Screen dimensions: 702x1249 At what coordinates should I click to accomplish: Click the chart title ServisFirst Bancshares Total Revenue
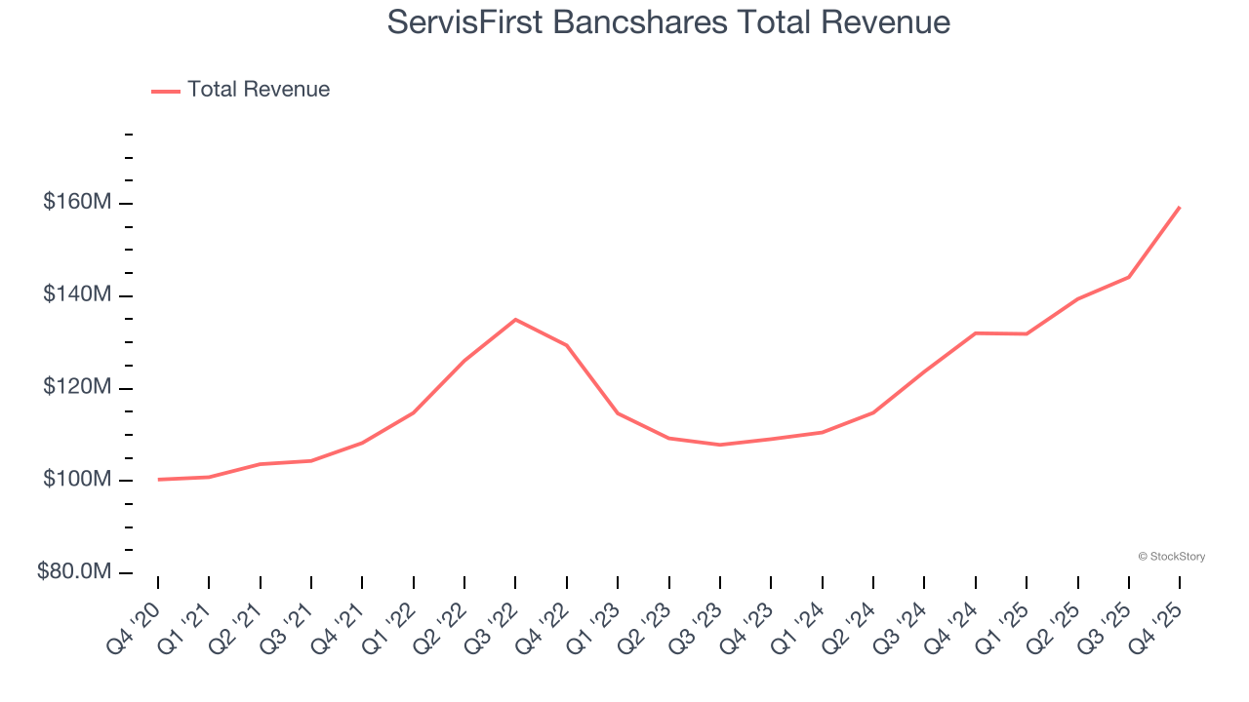pyautogui.click(x=668, y=21)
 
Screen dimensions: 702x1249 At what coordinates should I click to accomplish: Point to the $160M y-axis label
pyautogui.click(x=76, y=203)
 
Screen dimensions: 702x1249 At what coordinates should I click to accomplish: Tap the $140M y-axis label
pyautogui.click(x=76, y=294)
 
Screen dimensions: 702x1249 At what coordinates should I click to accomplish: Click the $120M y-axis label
pyautogui.click(x=76, y=387)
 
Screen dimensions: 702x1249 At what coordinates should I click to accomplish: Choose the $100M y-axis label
pyautogui.click(x=76, y=480)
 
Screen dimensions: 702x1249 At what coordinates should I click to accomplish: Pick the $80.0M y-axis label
pyautogui.click(x=74, y=572)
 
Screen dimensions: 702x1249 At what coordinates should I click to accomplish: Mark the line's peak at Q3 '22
pyautogui.click(x=515, y=319)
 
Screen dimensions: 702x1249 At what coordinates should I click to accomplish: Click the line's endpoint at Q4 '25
pyautogui.click(x=1180, y=207)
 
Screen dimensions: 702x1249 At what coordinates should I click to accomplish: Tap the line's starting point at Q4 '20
pyautogui.click(x=158, y=479)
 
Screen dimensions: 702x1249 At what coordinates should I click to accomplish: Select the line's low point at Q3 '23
pyautogui.click(x=720, y=445)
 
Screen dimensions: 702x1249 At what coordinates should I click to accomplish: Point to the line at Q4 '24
pyautogui.click(x=976, y=333)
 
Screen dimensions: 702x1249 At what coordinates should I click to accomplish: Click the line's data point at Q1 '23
pyautogui.click(x=618, y=413)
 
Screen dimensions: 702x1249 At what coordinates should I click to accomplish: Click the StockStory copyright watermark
pyautogui.click(x=1171, y=557)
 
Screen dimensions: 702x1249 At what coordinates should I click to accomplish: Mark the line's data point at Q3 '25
pyautogui.click(x=1129, y=277)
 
